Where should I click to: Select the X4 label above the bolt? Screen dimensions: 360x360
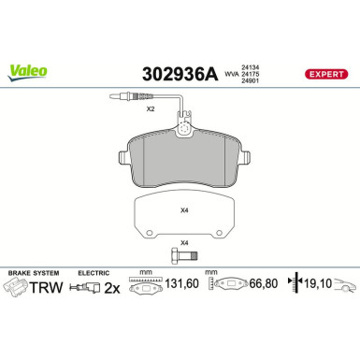183,242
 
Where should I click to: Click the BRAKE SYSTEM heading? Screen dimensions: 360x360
32,271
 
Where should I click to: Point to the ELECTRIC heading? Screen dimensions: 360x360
94,271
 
